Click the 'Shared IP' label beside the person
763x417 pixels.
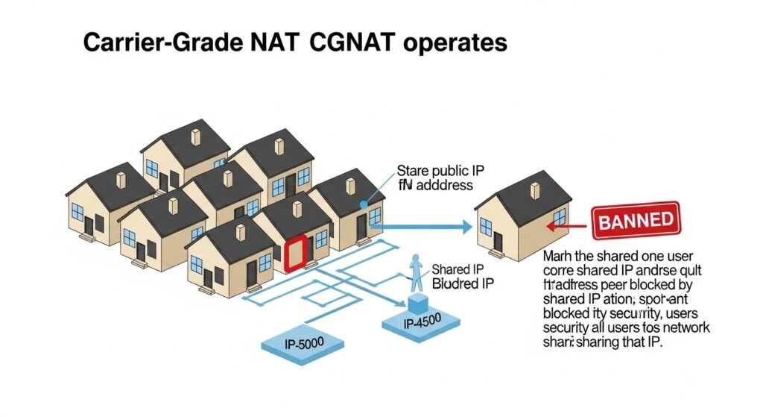[x=455, y=269]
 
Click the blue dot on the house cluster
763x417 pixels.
[x=363, y=203]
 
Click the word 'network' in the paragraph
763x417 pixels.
[x=685, y=328]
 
